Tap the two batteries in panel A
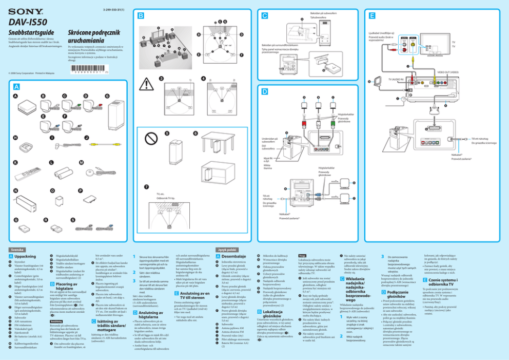coord(56,169)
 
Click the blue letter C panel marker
coord(264,16)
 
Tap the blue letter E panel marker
coord(371,16)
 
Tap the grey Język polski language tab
coord(227,249)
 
